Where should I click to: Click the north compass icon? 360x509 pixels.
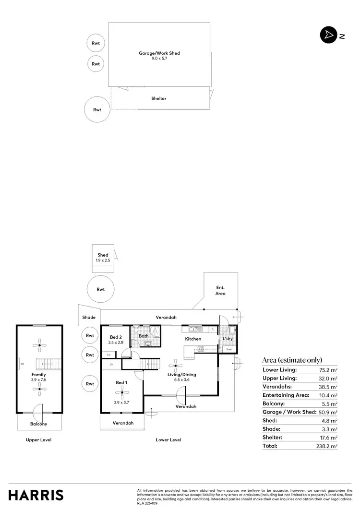pos(328,36)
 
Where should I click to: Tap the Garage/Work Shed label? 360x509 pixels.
pos(159,53)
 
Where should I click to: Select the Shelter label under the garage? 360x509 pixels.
pos(159,98)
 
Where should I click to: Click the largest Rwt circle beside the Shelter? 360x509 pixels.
pos(97,109)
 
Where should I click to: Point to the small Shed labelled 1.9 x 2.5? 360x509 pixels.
pos(103,258)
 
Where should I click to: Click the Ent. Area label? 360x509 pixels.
pos(220,290)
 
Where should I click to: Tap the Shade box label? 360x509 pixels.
pos(89,318)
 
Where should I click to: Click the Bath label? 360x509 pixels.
pos(144,336)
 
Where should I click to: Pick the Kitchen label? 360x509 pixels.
pos(193,339)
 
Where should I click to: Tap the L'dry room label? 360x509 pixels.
pos(228,339)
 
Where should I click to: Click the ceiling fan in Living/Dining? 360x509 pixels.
pos(176,366)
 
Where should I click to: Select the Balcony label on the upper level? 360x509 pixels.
pos(39,424)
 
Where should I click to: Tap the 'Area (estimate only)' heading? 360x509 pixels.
pos(292,360)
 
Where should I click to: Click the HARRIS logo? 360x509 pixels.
pos(36,495)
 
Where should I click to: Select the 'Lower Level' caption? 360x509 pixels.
pos(168,440)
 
